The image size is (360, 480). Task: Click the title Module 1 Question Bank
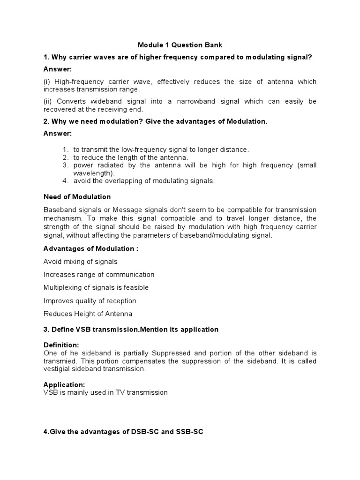(180, 45)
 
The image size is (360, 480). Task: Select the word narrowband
(209, 101)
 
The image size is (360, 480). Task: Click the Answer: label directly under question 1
(58, 69)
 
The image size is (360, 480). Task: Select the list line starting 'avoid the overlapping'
(144, 181)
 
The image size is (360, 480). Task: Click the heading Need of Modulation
(77, 196)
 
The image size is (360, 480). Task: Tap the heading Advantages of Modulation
(90, 248)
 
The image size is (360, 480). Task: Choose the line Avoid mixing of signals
(81, 262)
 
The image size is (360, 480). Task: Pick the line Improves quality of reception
(90, 300)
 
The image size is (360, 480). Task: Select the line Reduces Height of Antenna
(88, 314)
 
